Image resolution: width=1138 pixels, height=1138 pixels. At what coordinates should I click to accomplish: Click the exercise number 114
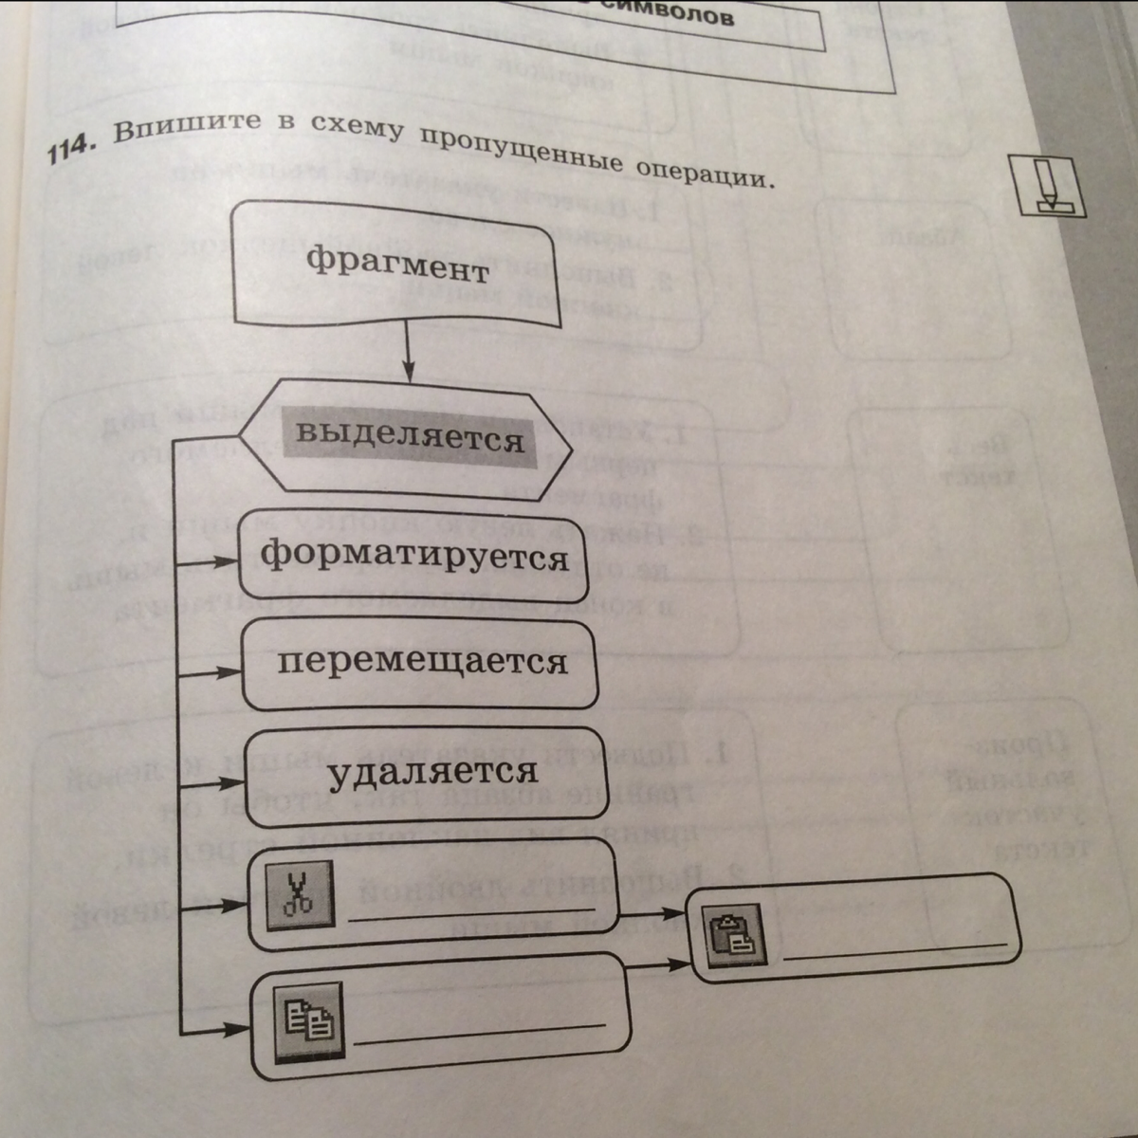tap(71, 145)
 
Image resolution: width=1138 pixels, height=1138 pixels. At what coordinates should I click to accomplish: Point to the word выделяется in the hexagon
tap(410, 437)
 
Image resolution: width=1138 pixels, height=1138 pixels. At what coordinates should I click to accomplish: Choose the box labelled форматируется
tap(414, 556)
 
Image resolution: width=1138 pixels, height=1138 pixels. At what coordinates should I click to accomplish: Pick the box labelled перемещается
tap(421, 661)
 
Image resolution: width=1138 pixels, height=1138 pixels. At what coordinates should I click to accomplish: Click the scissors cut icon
tap(300, 894)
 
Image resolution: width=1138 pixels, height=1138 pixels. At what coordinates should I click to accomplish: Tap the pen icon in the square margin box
tap(1047, 185)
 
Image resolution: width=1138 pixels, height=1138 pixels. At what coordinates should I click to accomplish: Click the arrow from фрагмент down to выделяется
tap(408, 350)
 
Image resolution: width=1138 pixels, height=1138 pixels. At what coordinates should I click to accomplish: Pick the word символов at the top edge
tap(683, 17)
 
